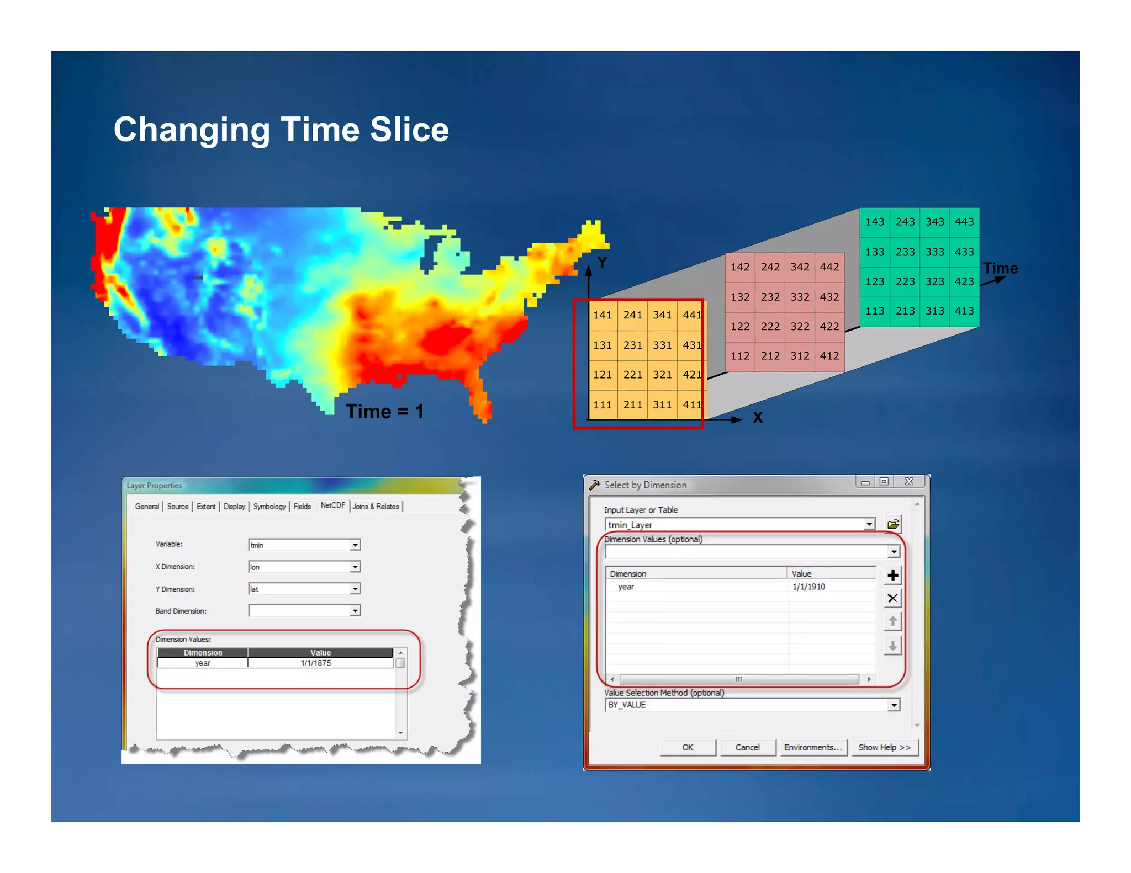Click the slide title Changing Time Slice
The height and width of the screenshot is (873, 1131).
[281, 130]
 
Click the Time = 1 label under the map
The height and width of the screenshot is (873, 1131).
[384, 412]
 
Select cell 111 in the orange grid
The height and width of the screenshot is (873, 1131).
[603, 404]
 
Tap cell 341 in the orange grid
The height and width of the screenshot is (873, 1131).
[662, 315]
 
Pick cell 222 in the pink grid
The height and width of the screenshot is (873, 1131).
[770, 326]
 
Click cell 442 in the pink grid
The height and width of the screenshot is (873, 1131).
[829, 267]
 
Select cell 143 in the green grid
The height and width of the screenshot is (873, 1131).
[875, 222]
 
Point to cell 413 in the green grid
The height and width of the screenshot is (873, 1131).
[964, 311]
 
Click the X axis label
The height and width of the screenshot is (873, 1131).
[758, 418]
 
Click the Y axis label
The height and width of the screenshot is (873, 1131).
[602, 262]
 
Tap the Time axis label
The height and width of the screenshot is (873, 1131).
[1000, 269]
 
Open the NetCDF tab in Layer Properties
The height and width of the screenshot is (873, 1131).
[332, 505]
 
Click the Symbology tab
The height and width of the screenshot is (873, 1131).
[269, 507]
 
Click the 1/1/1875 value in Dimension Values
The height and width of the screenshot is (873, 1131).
[316, 663]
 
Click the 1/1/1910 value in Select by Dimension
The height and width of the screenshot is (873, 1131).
[808, 587]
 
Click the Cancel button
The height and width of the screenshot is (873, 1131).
[747, 747]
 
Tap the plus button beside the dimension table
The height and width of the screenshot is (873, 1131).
[892, 576]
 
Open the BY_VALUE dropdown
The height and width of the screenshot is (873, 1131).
[894, 705]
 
